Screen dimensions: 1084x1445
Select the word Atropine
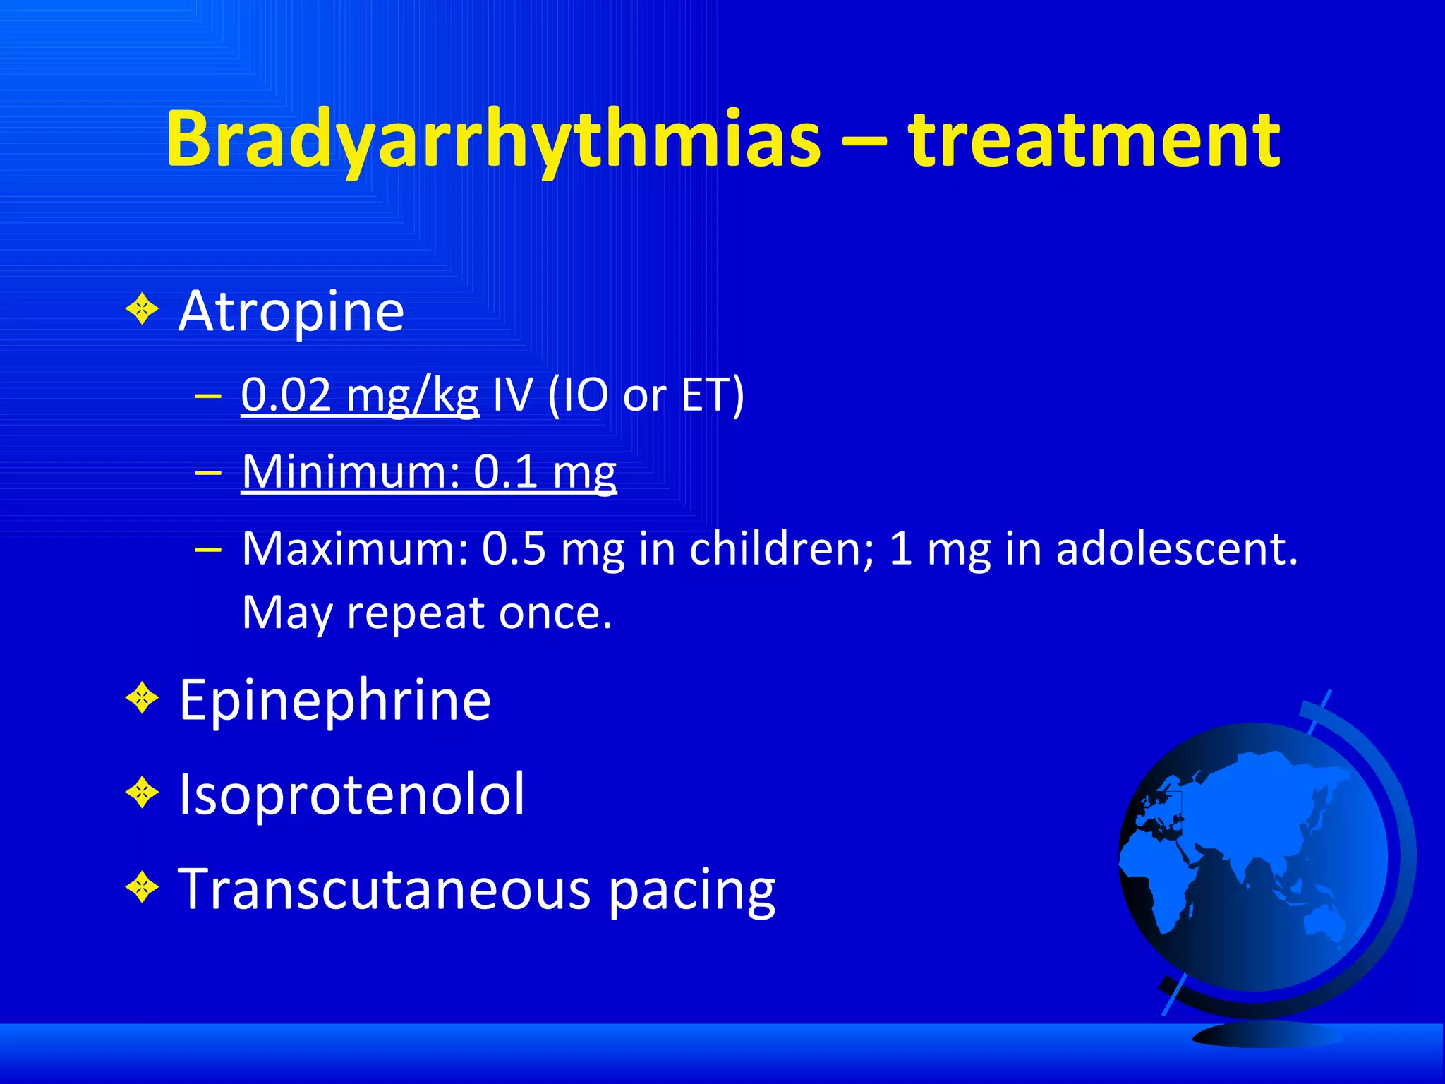click(x=291, y=311)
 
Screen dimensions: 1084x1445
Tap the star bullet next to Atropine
click(x=143, y=309)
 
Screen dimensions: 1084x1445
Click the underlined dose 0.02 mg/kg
click(x=359, y=395)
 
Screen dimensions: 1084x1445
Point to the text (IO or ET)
click(x=646, y=395)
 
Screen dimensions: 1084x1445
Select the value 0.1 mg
click(x=545, y=471)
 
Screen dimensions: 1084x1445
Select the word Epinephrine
click(x=334, y=700)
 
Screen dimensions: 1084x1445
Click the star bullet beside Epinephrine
click(x=143, y=699)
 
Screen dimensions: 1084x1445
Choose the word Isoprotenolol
click(x=351, y=795)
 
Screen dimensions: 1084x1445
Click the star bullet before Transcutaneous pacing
click(x=143, y=887)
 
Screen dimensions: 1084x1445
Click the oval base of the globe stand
click(x=1266, y=1035)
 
